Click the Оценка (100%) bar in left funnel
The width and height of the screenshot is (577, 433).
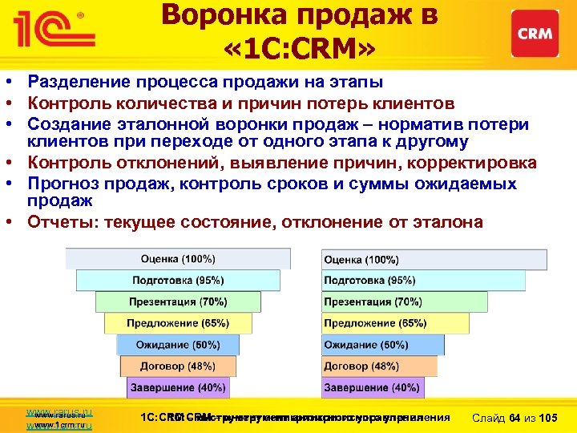[177, 259]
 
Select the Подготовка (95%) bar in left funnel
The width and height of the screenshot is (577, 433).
[177, 280]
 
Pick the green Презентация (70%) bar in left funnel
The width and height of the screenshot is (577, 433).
[177, 301]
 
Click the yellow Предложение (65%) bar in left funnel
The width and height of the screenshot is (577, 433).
[177, 323]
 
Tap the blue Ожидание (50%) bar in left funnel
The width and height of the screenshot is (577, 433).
[177, 345]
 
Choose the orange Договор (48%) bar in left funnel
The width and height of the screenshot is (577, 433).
[177, 366]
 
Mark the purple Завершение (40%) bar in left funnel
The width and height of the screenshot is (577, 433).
[177, 387]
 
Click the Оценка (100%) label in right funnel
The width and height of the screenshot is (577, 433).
[361, 259]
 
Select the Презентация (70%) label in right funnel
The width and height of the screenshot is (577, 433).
[373, 301]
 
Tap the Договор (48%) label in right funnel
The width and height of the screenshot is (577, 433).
[361, 366]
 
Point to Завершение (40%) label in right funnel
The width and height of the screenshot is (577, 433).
[371, 387]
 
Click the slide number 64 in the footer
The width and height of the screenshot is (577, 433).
[515, 418]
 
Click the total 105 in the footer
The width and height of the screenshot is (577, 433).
[550, 418]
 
